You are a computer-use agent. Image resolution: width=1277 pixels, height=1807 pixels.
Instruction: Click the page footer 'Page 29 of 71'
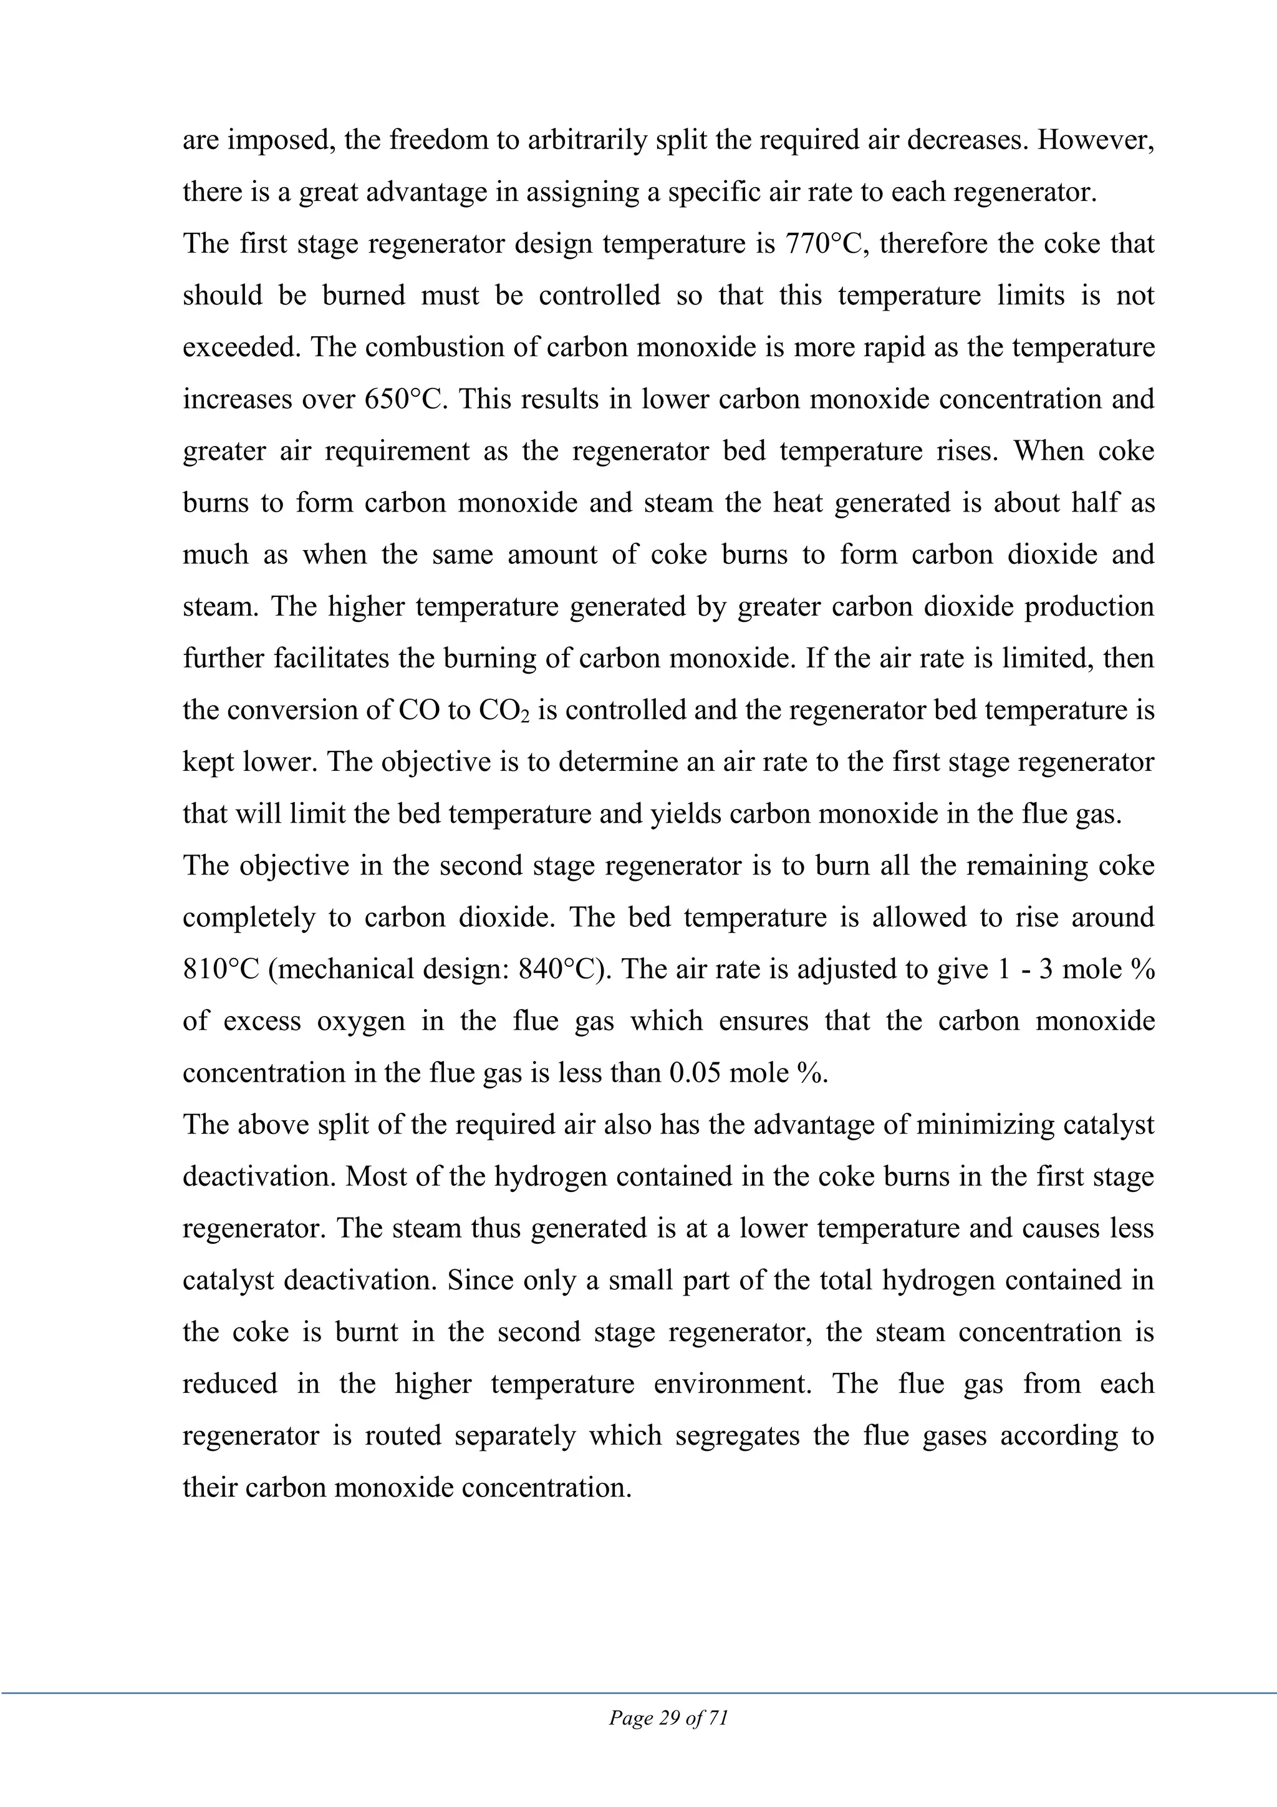pos(669,1717)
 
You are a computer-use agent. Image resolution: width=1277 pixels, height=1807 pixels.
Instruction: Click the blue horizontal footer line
pos(638,1693)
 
